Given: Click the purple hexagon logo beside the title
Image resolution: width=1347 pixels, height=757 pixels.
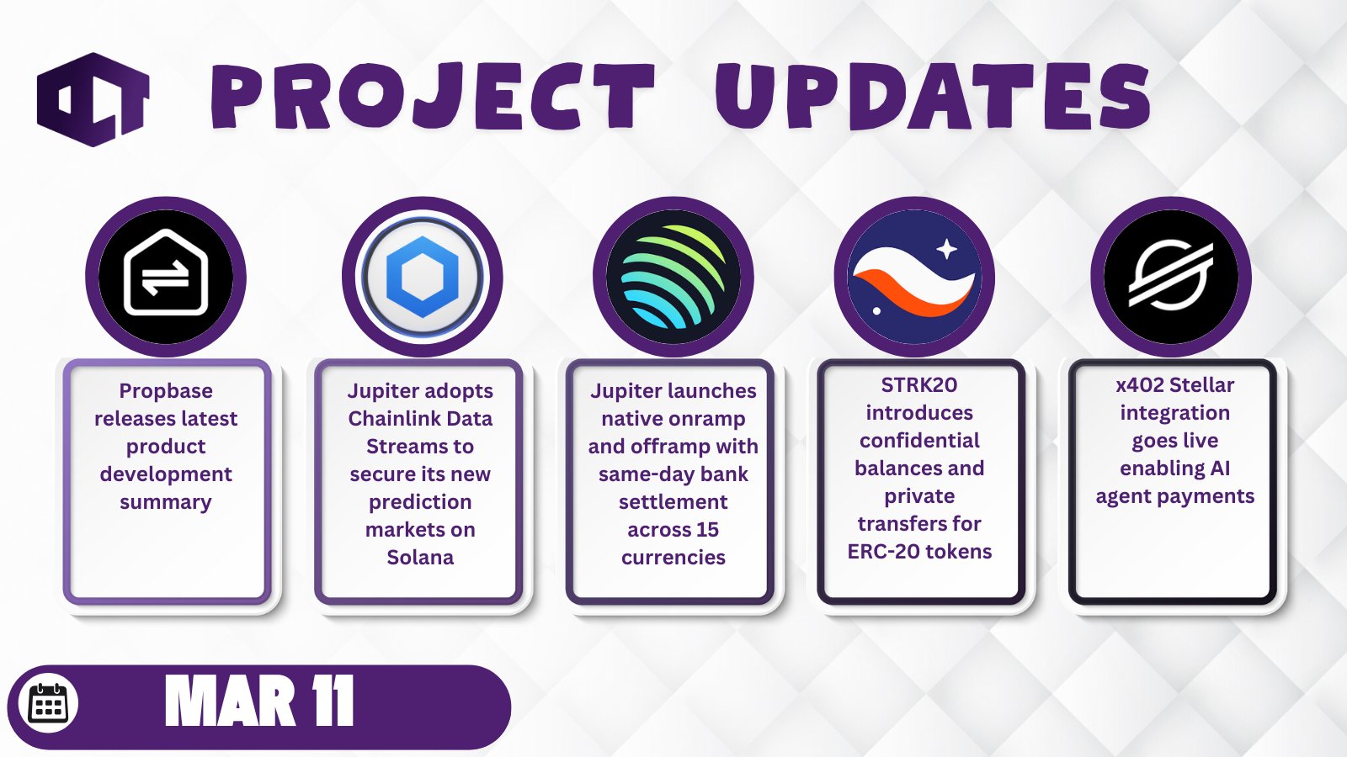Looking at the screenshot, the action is (93, 99).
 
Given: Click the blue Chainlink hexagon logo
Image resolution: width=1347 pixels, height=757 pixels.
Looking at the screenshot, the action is (422, 277).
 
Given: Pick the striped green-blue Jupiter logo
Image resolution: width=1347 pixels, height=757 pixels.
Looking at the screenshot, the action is (673, 277).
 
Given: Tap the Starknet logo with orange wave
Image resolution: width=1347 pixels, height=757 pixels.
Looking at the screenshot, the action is (914, 277).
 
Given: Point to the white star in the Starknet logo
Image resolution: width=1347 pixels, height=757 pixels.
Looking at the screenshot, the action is (947, 249).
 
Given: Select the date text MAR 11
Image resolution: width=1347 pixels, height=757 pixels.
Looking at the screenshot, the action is (259, 701).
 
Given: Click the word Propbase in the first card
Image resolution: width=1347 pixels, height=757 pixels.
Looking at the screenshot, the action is (166, 392).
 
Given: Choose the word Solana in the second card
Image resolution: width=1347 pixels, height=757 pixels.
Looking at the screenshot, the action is (420, 558).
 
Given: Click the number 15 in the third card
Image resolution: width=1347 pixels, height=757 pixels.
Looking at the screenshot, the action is (708, 530).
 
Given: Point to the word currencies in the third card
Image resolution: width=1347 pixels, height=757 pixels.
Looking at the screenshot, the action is (673, 558).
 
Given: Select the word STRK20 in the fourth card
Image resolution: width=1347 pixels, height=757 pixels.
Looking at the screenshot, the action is (919, 385).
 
